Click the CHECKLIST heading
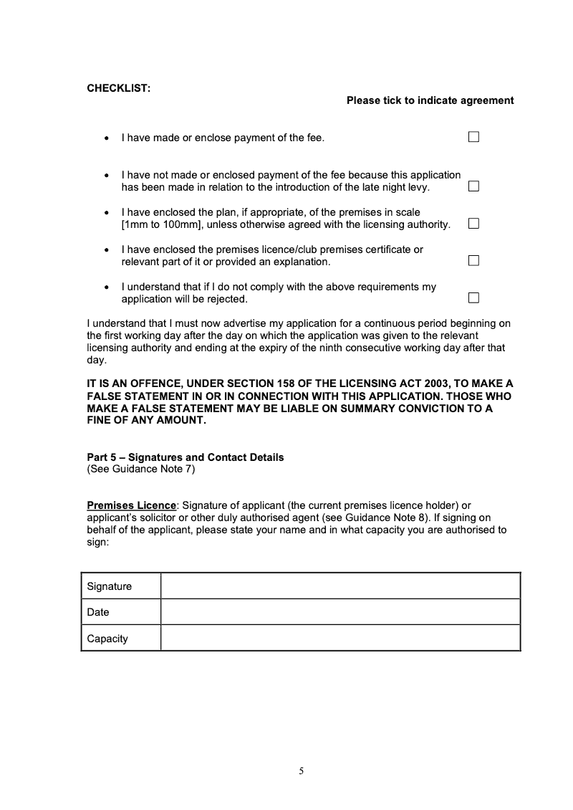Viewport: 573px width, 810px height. tap(118, 88)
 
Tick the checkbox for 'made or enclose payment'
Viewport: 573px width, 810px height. tap(473, 137)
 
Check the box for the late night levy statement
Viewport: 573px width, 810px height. tap(473, 186)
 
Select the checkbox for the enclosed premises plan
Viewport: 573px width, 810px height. tap(473, 224)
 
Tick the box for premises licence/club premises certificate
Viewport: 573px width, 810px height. tap(473, 261)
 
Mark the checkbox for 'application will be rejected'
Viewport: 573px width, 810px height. tap(473, 298)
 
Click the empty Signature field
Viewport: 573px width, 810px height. tap(340, 586)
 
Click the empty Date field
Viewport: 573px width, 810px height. tap(340, 612)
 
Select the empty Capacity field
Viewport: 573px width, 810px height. tap(340, 638)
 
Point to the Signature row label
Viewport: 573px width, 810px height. tap(110, 586)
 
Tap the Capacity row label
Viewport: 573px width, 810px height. tap(107, 638)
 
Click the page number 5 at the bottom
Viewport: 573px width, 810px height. tap(302, 771)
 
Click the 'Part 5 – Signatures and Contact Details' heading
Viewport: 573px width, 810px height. tap(185, 457)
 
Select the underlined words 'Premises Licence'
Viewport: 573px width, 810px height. tap(131, 506)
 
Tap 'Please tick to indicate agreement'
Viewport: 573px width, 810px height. tap(430, 100)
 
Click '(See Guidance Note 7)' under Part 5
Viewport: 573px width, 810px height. tap(140, 470)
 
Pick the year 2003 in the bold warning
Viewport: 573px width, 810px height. tap(433, 383)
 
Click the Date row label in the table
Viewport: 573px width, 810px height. tap(98, 612)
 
